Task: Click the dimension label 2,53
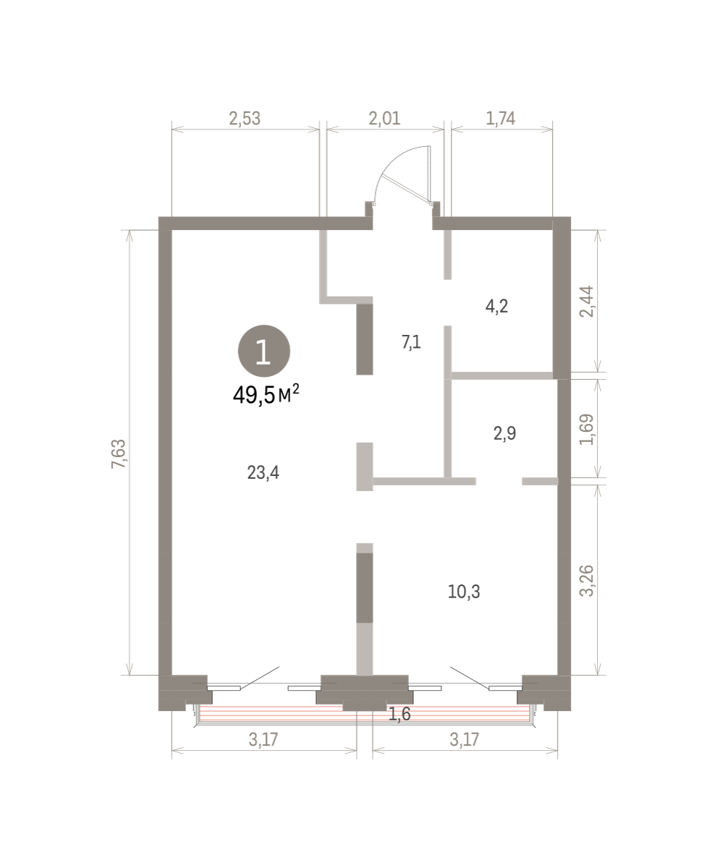245,119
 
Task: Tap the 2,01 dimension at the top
384,119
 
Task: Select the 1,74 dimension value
500,119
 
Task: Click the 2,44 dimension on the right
586,302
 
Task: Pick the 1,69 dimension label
586,429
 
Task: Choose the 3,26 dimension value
586,581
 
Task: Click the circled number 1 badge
264,351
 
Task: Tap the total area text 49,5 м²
266,395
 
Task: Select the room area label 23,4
263,472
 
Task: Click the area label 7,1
411,342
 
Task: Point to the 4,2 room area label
496,306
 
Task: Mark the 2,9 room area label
504,433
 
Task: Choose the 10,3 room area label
464,592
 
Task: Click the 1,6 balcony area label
399,714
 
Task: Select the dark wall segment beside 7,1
365,339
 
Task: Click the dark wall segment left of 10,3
365,588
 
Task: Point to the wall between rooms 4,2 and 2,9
502,375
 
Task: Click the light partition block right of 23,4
365,467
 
